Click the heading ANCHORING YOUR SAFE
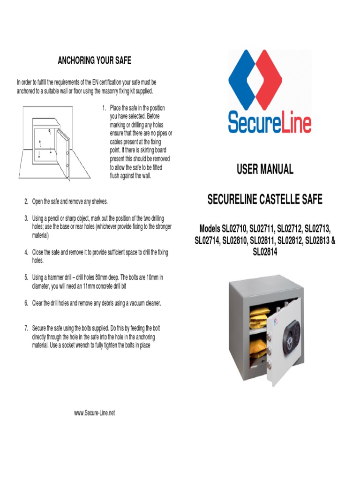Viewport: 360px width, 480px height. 94,60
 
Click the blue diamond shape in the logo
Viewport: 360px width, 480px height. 248,80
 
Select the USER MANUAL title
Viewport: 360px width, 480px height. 265,170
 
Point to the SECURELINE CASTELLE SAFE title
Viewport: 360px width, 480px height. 265,200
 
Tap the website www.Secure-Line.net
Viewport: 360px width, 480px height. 94,413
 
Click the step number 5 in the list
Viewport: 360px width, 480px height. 26,277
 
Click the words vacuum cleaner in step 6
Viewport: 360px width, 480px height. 142,303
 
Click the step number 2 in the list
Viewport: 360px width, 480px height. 26,202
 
